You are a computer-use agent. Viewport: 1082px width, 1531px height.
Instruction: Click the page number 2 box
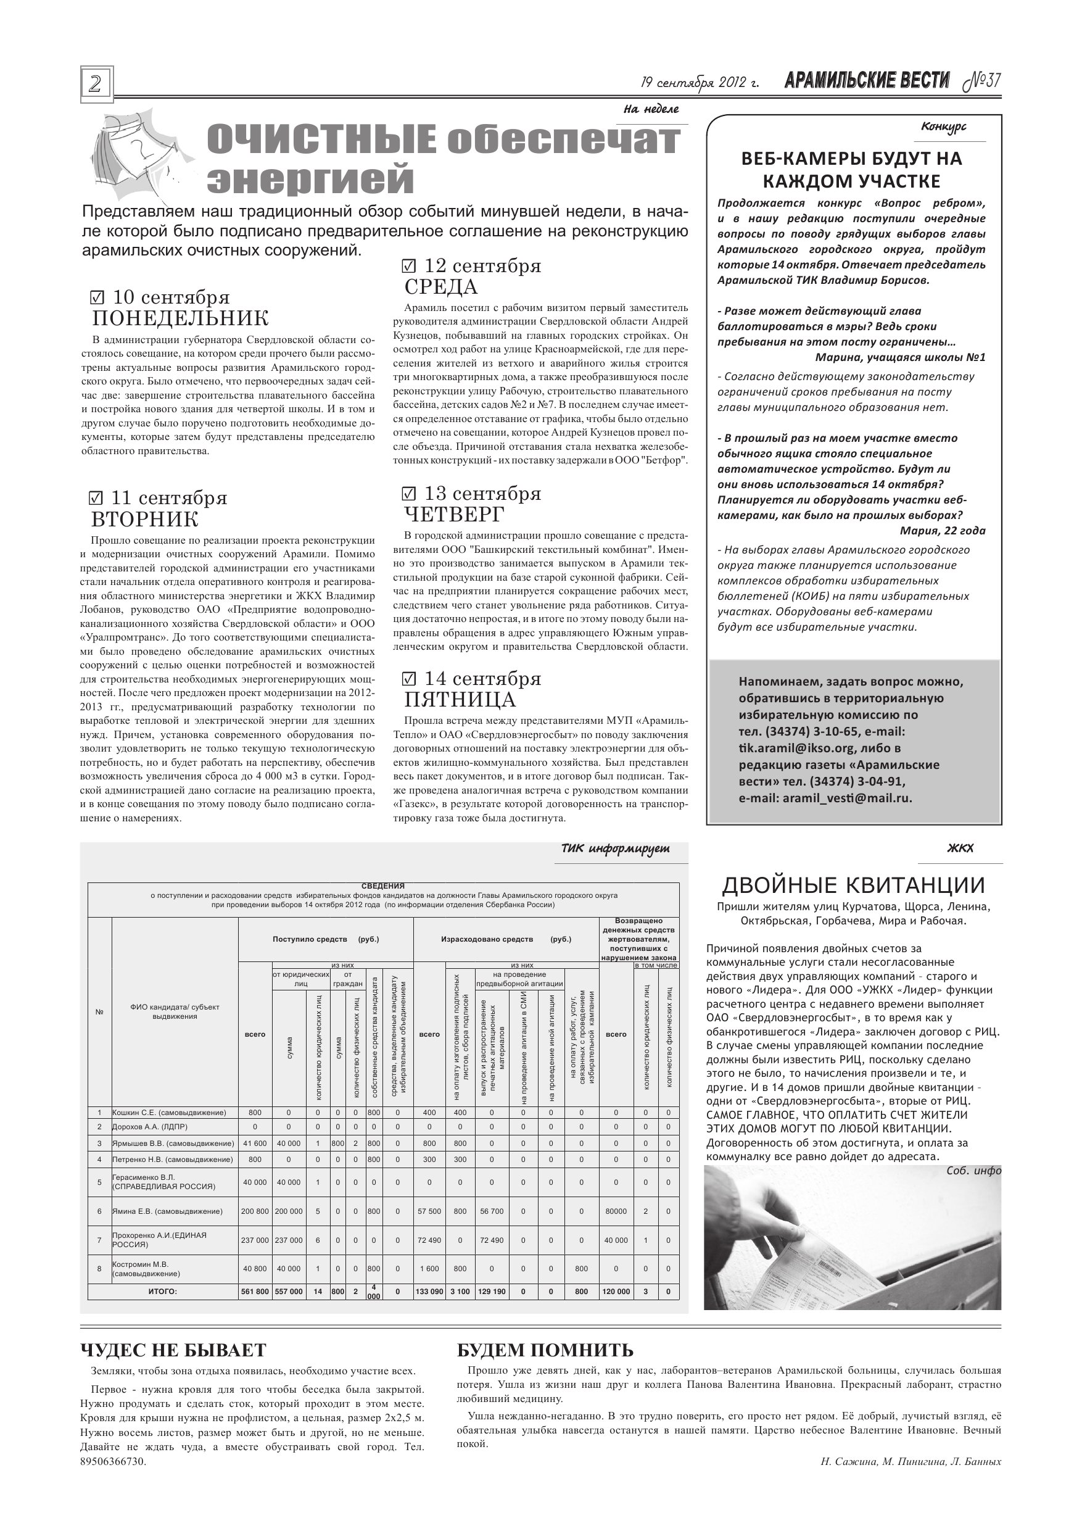click(x=97, y=84)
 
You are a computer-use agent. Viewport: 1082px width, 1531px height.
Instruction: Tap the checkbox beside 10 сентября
click(x=97, y=296)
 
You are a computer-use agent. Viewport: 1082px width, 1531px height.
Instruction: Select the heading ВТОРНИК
click(x=145, y=520)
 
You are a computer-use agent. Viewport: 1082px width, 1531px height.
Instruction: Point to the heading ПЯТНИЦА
click(x=460, y=700)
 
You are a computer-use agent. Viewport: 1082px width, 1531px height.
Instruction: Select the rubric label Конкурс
click(x=943, y=127)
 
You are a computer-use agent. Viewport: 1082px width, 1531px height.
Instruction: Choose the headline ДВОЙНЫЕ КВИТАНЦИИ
click(x=853, y=886)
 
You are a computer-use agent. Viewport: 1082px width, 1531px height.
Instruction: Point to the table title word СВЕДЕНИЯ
click(x=382, y=886)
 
